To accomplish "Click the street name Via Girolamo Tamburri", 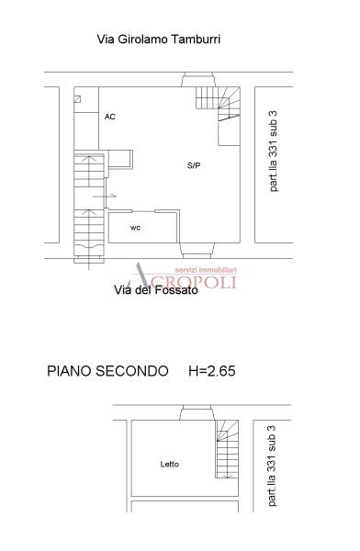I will tap(158, 39).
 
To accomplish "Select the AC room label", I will tap(110, 118).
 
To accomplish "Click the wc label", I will tap(135, 227).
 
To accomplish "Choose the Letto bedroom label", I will tap(169, 464).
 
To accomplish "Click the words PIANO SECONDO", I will tap(107, 372).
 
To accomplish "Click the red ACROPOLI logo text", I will tap(191, 278).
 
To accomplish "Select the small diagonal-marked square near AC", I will tap(78, 98).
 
